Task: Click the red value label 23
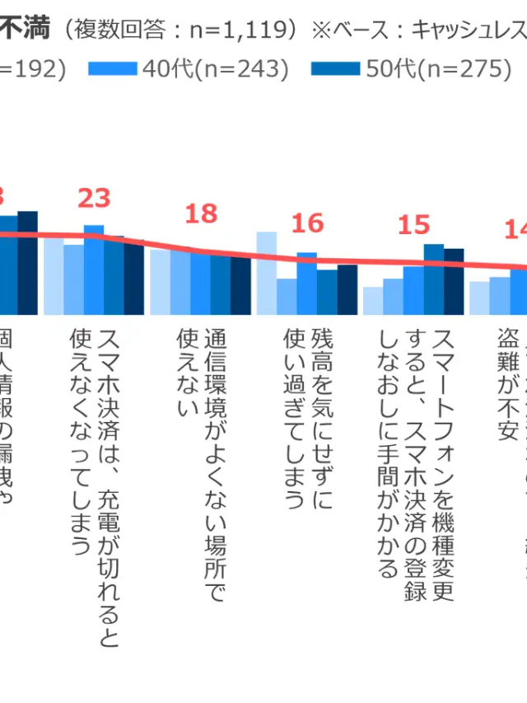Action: (x=94, y=199)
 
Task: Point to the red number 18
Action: (x=201, y=213)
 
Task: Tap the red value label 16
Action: (x=307, y=223)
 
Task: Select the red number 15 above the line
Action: (x=413, y=224)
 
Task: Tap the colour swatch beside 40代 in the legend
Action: (x=112, y=70)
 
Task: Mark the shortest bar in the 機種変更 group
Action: (x=373, y=301)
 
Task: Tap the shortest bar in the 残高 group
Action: (x=287, y=297)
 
